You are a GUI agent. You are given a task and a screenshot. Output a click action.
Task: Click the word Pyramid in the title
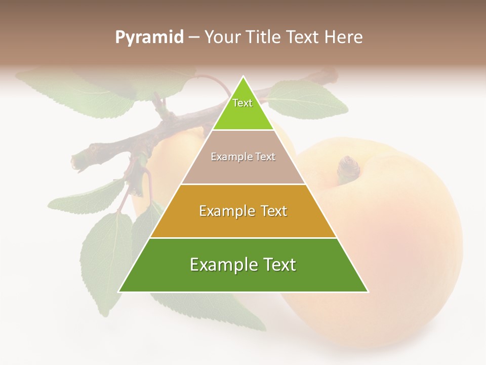[149, 38]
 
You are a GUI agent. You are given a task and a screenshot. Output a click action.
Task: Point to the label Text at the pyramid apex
[242, 103]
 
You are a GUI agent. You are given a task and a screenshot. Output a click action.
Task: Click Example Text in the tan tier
[243, 157]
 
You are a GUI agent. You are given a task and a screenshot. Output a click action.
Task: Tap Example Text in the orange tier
[243, 211]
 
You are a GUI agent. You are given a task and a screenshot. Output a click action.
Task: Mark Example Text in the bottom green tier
[243, 265]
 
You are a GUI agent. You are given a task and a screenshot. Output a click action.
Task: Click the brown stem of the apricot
[349, 167]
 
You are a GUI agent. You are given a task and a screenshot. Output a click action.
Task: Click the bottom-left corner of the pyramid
[119, 291]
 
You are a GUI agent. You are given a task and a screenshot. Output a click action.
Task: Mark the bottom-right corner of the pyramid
[368, 291]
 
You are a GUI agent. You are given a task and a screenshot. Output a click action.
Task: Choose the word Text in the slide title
[303, 38]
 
